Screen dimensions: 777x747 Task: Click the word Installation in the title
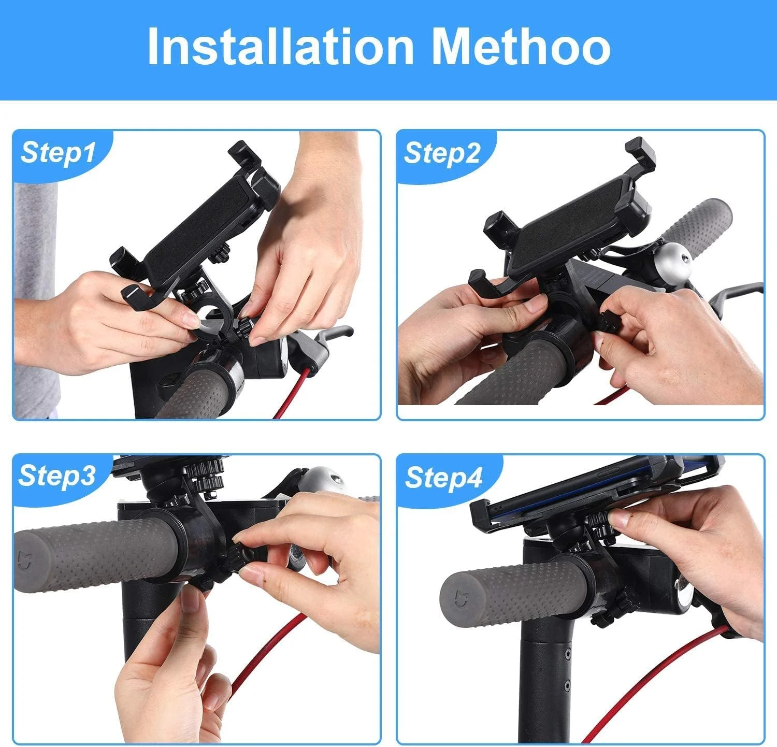pos(280,47)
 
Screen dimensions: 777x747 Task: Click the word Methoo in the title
pos(521,47)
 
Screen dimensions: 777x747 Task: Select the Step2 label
pos(442,153)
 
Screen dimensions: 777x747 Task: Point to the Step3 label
pos(57,476)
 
